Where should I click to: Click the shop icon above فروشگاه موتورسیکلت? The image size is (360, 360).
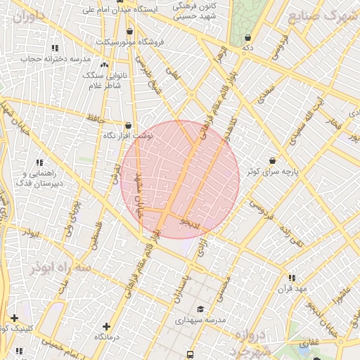coord(129,32)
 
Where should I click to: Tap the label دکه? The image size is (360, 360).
coord(247,47)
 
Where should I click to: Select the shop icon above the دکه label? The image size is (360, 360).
coord(247,37)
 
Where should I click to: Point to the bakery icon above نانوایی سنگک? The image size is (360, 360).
coord(105,65)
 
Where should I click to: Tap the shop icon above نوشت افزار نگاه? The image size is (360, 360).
coord(127,125)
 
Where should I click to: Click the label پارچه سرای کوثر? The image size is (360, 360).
coord(272,171)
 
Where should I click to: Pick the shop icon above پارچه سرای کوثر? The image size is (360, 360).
coord(272,160)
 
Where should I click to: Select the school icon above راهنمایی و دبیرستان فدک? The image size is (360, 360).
coord(39,162)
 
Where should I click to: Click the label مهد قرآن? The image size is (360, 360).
coord(292,289)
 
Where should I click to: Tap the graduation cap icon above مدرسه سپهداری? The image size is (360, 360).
coord(200,309)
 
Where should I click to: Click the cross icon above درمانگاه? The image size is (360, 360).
coord(106,326)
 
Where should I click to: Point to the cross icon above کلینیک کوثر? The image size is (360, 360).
coord(14,318)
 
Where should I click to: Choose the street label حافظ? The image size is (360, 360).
coord(96,118)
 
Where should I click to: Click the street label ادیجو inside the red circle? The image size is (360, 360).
coord(191,224)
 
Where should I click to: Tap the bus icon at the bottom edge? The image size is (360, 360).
coord(191,354)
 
